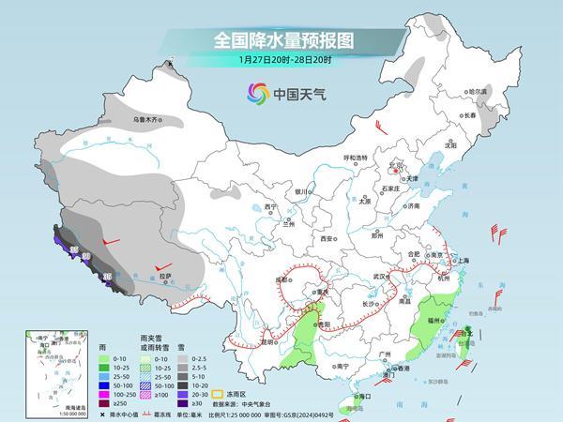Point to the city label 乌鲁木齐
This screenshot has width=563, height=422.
tap(147, 120)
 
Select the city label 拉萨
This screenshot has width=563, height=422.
tap(165, 277)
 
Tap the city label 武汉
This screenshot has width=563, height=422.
tap(380, 276)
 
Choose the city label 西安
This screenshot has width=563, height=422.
tap(327, 239)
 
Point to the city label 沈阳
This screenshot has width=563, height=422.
tap(450, 145)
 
